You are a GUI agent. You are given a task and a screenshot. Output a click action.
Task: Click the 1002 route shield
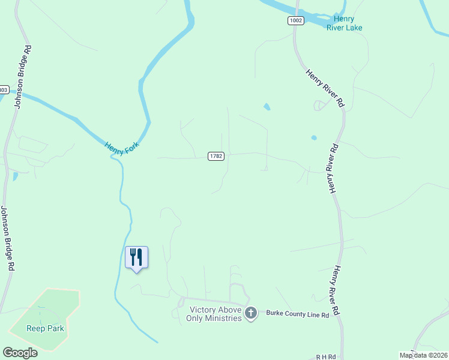click(295, 20)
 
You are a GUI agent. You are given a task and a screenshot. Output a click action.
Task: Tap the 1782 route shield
click(216, 156)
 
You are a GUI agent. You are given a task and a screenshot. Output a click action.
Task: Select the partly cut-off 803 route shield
click(4, 90)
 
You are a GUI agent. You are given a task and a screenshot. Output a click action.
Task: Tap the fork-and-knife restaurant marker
click(136, 257)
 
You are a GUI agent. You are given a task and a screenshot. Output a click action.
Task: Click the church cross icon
click(251, 313)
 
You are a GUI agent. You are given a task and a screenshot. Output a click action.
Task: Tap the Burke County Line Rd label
click(298, 314)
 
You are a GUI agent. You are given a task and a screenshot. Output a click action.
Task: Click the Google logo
click(20, 353)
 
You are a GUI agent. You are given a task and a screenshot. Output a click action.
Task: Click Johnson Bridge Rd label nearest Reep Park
click(7, 239)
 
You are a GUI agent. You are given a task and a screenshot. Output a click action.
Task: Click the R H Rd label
click(328, 356)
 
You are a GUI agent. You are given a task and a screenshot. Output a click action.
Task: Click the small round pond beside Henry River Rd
click(314, 138)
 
